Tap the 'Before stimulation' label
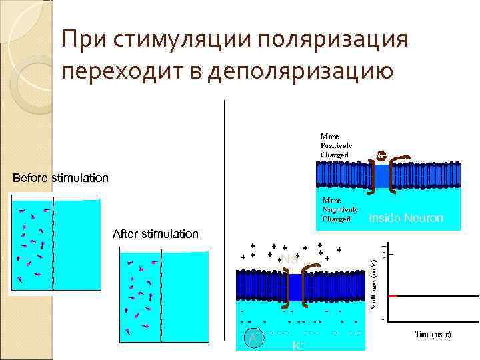[x=61, y=179]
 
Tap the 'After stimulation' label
[x=155, y=234]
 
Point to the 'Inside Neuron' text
[x=405, y=218]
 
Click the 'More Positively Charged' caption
[x=336, y=145]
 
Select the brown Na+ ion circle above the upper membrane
[x=381, y=155]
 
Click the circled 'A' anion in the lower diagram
[x=252, y=338]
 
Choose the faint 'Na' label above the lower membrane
[x=289, y=259]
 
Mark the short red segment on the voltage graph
[x=393, y=295]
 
